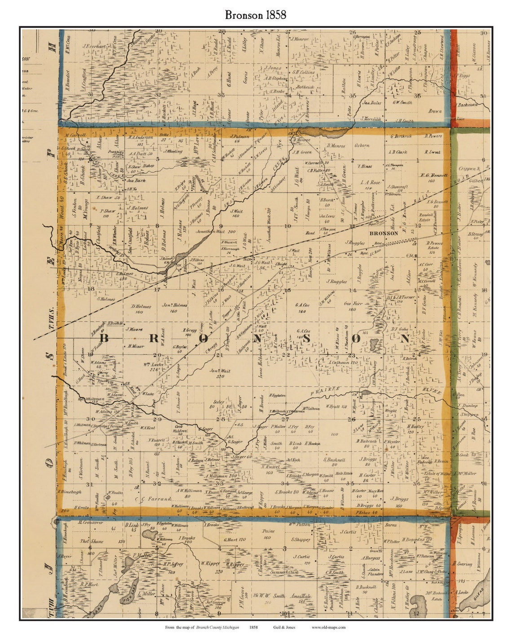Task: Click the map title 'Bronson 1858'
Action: coord(256,15)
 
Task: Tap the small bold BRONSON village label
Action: coord(384,233)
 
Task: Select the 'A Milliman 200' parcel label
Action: coord(221,476)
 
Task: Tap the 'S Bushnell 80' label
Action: coord(333,462)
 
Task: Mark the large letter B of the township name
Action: coord(104,339)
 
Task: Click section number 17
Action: coord(157,289)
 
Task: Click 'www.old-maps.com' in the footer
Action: coord(328,627)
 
